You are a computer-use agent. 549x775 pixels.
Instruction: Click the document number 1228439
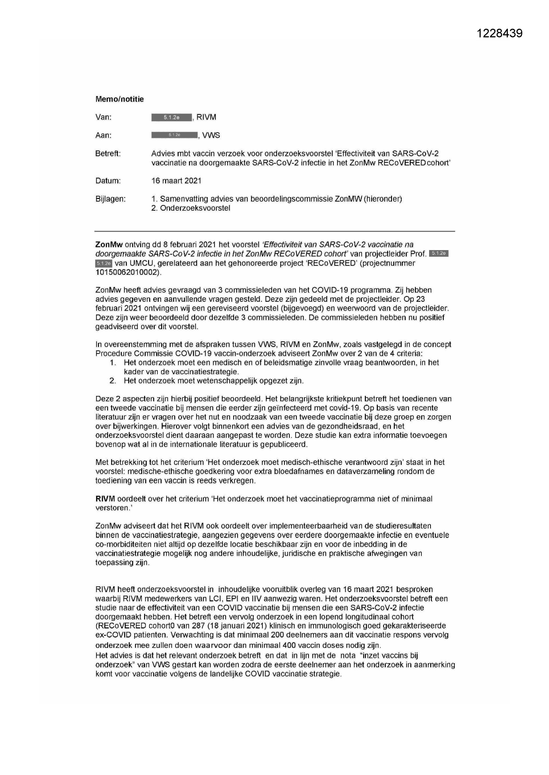[500, 33]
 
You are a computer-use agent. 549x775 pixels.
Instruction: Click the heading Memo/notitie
[119, 99]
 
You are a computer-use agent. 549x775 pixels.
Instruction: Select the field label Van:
[104, 118]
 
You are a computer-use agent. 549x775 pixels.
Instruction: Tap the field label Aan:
[104, 135]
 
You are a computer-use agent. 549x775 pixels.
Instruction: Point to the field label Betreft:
[108, 154]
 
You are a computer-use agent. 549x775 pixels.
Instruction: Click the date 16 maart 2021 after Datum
[176, 181]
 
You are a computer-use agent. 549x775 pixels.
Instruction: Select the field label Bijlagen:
[110, 199]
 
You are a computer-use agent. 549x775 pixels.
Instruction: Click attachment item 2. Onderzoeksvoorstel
[191, 208]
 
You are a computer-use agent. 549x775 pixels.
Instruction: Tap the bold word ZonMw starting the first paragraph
[109, 244]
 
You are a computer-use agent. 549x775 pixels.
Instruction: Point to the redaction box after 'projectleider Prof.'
[439, 254]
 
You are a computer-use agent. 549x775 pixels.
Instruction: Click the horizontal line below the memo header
[275, 231]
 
